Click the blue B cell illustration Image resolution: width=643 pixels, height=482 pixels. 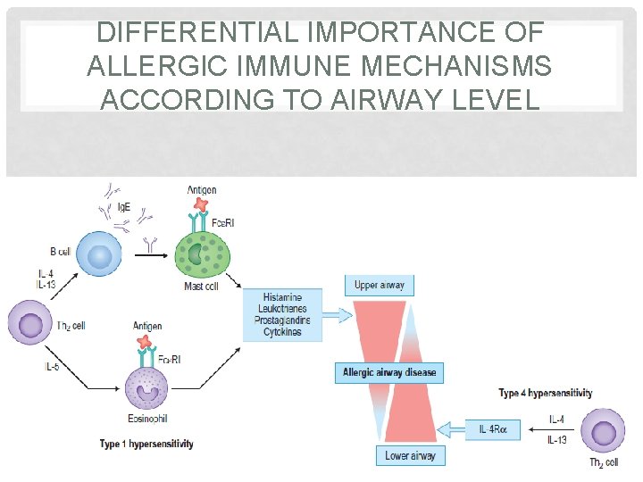(98, 253)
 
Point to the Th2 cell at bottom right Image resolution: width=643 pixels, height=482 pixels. (604, 433)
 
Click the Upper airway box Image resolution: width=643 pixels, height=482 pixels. (380, 286)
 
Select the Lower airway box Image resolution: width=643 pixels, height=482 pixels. (411, 455)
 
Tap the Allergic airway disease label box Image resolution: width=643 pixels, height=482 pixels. (388, 371)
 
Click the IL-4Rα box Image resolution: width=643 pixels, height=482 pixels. (492, 429)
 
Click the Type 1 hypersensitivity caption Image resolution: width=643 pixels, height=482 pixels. (147, 444)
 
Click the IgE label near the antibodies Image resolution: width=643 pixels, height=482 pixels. (125, 206)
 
